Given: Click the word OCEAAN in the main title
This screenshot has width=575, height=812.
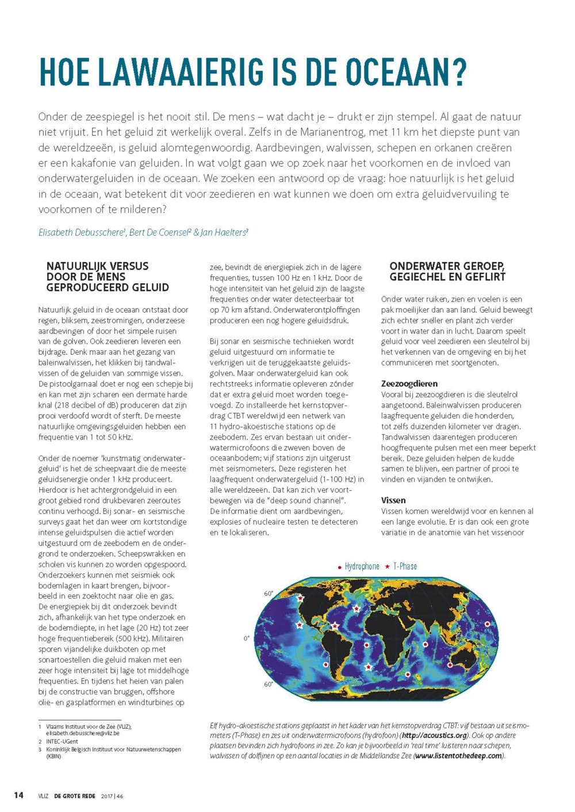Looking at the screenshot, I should click(x=396, y=72).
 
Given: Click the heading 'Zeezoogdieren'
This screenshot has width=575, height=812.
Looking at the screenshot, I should click(x=409, y=384).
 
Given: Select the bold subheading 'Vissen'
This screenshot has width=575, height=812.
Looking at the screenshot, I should click(x=393, y=501).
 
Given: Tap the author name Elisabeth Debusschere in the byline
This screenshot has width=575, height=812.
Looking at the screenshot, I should click(x=81, y=233).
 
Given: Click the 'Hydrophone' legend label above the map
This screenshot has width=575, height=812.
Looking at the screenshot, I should click(x=362, y=567).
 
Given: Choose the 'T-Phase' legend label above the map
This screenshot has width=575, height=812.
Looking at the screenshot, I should click(x=405, y=567).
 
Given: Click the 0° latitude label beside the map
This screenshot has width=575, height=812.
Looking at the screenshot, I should click(x=247, y=638).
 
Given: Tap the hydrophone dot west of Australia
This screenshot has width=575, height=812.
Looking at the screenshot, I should click(x=450, y=665).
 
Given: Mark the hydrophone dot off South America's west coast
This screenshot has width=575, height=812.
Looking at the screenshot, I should click(x=325, y=664).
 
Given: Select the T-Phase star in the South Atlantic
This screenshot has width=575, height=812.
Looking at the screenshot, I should click(x=369, y=667).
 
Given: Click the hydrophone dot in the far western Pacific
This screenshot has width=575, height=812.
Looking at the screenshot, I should click(x=487, y=624).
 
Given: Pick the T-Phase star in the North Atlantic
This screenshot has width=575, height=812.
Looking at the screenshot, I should click(x=356, y=609).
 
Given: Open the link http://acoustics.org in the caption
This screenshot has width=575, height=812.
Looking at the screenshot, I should click(x=434, y=736).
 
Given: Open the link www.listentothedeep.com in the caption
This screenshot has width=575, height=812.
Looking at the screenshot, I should click(x=458, y=756).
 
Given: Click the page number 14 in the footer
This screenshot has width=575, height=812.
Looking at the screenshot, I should click(x=19, y=795).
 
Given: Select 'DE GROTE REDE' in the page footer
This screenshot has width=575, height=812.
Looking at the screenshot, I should click(x=75, y=796).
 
